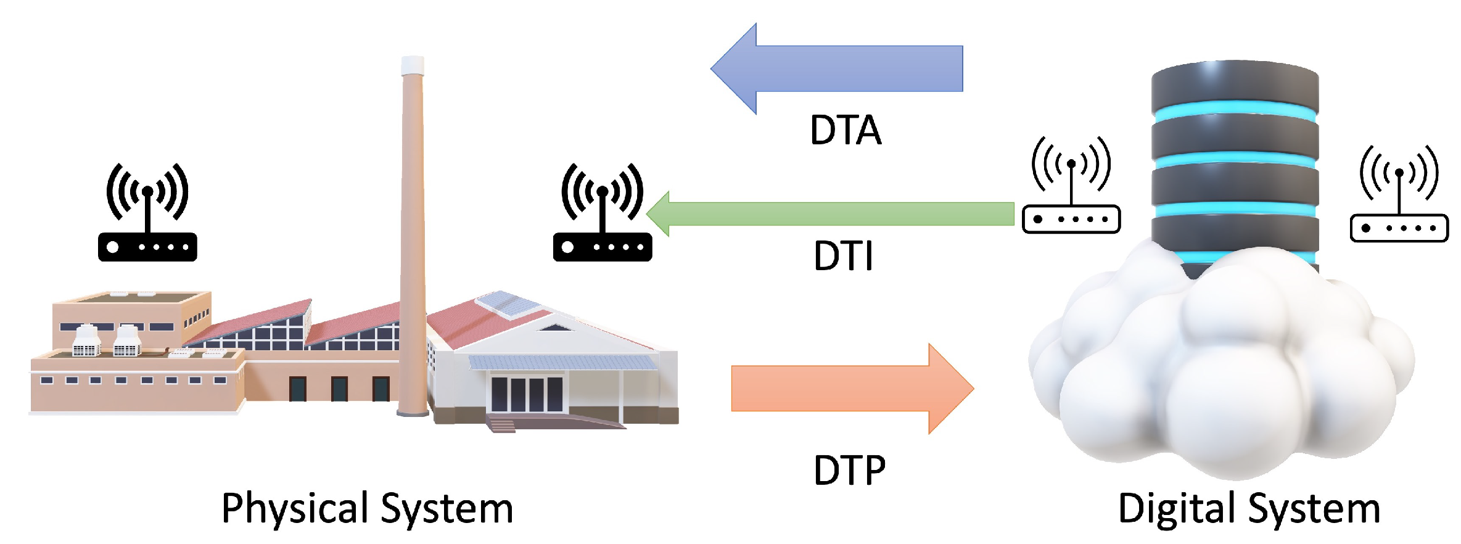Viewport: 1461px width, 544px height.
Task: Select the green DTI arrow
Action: click(x=833, y=214)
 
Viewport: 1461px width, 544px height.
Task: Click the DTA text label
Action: click(x=846, y=130)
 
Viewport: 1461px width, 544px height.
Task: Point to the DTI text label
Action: click(x=843, y=255)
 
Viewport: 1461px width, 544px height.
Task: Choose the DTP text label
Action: click(x=849, y=471)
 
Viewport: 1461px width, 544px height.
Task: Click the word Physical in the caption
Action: click(x=294, y=509)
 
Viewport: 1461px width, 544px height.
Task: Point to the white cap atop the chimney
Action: click(x=413, y=64)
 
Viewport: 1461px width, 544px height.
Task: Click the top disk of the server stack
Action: click(x=1235, y=83)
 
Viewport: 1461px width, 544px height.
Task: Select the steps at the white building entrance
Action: click(x=501, y=426)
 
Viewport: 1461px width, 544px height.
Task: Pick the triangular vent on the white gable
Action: click(x=555, y=328)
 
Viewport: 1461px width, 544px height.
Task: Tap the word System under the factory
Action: click(x=447, y=509)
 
